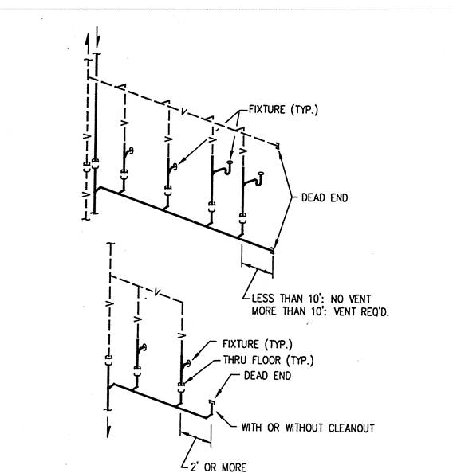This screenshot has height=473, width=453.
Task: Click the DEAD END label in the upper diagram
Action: pos(325,198)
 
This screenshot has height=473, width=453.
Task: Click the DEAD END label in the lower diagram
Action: pos(267,376)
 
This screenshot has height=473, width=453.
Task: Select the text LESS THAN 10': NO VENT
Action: pos(311,299)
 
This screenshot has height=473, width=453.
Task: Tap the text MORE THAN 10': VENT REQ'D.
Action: pos(320,311)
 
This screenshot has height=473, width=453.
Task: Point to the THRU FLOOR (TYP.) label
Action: pos(268,360)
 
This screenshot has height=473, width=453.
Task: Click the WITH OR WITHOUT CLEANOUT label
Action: pos(308,428)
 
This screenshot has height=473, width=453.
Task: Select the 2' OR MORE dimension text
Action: pos(219,467)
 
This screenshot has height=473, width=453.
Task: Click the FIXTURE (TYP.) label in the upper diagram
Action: pos(283,110)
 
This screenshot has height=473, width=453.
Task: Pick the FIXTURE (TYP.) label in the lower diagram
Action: pos(258,344)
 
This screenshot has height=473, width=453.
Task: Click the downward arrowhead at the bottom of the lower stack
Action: pos(108,431)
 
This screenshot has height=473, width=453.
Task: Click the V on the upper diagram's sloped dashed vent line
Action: pos(183,112)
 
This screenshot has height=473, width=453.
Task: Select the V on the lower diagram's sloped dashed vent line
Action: pos(157,292)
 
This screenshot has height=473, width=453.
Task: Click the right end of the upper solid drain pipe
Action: pos(273,250)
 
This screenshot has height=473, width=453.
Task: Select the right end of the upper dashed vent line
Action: pos(278,146)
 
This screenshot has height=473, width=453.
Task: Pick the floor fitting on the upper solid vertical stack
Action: pos(96,164)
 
